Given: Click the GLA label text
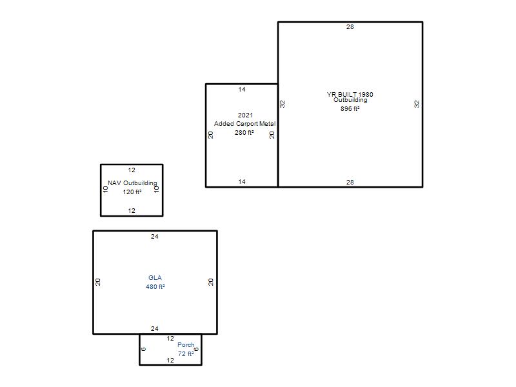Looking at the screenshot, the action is tap(155, 278).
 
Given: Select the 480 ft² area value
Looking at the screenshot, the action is tap(155, 286).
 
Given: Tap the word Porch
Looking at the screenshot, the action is tap(186, 345).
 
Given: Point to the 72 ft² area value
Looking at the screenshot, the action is tap(186, 353).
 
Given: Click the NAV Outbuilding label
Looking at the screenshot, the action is tap(132, 183).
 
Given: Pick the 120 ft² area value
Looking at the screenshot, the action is tap(132, 192).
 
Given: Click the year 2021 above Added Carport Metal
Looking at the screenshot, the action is tap(246, 115).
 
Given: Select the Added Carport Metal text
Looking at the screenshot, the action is tap(245, 124).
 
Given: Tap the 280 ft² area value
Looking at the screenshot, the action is tap(244, 133).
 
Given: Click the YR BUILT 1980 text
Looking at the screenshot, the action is tap(350, 94).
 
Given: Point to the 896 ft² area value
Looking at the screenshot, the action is tap(350, 108).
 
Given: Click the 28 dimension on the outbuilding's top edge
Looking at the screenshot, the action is tap(350, 27).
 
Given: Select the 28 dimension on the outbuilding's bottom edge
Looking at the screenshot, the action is tap(350, 183).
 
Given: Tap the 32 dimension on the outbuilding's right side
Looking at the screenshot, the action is tap(417, 104).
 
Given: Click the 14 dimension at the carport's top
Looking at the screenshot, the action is tap(242, 90).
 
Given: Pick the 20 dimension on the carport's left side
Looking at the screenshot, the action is tap(211, 135).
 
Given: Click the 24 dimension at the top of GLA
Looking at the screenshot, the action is tap(155, 237).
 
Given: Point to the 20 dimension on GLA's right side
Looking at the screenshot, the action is tap(211, 282).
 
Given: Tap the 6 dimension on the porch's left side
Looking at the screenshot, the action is tap(143, 349).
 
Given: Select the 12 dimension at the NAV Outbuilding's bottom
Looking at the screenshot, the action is tap(132, 211).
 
